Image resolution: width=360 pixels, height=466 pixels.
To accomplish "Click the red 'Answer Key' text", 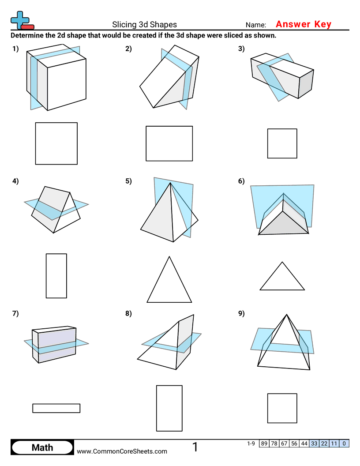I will pyautogui.click(x=303, y=24).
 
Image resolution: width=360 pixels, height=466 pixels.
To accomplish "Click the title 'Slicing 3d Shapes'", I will pyautogui.click(x=144, y=25).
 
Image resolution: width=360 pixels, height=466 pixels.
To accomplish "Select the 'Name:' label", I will pyautogui.click(x=255, y=25).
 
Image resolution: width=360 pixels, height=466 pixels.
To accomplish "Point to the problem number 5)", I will pyautogui.click(x=128, y=181).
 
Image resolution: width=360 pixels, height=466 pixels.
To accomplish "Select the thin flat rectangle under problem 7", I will pyautogui.click(x=56, y=408).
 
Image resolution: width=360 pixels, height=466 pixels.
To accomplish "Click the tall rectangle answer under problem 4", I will pyautogui.click(x=56, y=276).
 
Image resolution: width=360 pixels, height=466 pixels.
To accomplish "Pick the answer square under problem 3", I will pyautogui.click(x=282, y=143).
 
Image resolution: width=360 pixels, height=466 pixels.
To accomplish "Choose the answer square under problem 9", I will pyautogui.click(x=282, y=408).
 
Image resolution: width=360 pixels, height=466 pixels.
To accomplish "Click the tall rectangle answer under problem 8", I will pyautogui.click(x=169, y=408).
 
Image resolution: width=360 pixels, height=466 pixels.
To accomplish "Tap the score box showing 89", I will pyautogui.click(x=264, y=443).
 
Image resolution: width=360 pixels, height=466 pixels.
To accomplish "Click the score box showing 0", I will pyautogui.click(x=344, y=443).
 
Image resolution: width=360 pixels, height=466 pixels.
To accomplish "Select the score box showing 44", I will pyautogui.click(x=304, y=443).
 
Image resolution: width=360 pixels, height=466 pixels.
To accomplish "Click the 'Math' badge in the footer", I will pyautogui.click(x=42, y=447).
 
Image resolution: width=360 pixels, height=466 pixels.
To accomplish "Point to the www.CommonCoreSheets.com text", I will pyautogui.click(x=122, y=451).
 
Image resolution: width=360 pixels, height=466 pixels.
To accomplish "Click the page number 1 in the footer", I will pyautogui.click(x=195, y=447).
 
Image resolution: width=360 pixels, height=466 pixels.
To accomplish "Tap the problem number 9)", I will pyautogui.click(x=241, y=314).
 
